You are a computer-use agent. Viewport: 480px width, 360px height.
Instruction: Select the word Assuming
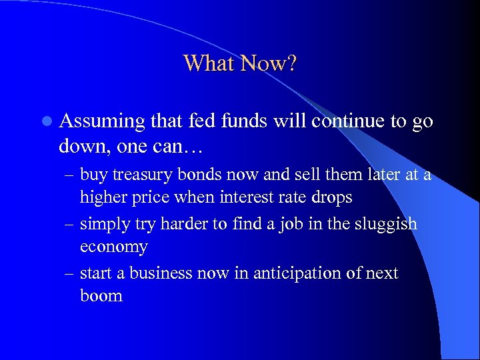point(103,122)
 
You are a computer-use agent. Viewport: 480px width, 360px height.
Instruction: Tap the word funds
point(242,121)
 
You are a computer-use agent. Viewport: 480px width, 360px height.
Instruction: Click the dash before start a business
point(70,274)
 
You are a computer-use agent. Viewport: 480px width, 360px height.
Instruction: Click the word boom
point(101,296)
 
